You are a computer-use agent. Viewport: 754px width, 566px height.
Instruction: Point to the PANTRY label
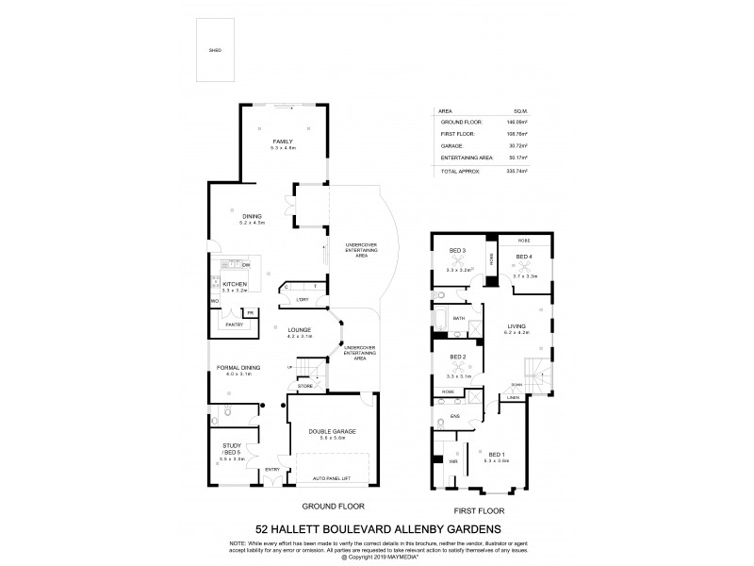pos(235,325)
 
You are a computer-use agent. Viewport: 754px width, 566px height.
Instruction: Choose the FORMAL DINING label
pos(237,370)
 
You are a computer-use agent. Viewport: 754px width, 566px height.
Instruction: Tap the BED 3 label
pos(458,250)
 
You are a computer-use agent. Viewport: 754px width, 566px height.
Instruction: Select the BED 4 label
pos(524,257)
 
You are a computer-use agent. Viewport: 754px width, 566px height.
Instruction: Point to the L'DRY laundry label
pos(302,299)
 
